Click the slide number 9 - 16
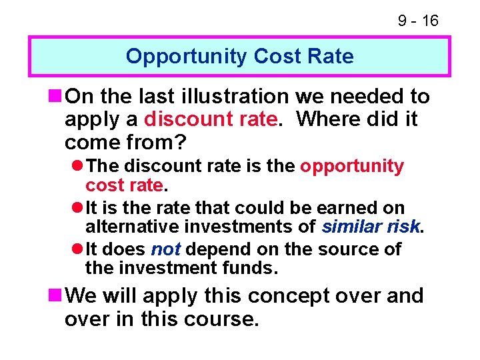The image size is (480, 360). [418, 21]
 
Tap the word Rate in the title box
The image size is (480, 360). [331, 56]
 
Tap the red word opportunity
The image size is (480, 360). [351, 166]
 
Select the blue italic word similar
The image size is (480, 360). [351, 227]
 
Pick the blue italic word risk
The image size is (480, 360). [403, 227]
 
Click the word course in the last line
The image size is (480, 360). [219, 319]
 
